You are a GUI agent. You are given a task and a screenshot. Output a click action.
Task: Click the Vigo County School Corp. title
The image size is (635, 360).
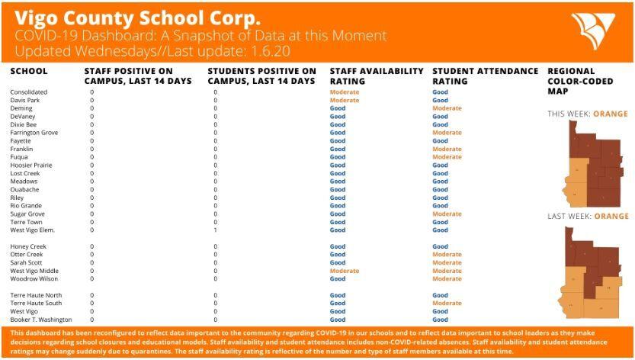click(x=136, y=16)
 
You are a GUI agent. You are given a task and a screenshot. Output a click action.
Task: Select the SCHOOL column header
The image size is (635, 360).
click(x=29, y=71)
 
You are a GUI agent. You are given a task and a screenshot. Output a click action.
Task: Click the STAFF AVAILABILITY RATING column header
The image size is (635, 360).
click(x=376, y=76)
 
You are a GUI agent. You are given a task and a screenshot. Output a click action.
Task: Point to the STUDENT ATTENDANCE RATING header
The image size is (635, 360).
click(x=485, y=76)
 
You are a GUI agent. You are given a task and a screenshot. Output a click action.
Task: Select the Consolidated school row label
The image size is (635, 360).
click(x=28, y=92)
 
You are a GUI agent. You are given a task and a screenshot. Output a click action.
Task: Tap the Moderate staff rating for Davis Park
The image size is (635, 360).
click(x=344, y=101)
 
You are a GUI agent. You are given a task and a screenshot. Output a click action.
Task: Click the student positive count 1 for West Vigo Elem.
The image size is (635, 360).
click(x=216, y=230)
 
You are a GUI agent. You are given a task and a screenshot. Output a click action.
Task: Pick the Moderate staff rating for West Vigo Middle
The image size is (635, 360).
click(x=344, y=271)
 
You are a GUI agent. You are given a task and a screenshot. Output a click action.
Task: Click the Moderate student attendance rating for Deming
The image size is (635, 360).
click(x=447, y=108)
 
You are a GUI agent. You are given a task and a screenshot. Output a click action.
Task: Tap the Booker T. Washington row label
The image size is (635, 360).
click(x=41, y=320)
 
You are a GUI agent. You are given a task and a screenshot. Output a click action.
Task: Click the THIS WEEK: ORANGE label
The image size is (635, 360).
click(x=587, y=114)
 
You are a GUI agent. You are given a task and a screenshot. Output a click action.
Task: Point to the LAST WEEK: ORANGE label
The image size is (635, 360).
click(x=587, y=217)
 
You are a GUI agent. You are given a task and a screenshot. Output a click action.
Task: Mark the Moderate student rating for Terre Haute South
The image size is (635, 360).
click(x=447, y=304)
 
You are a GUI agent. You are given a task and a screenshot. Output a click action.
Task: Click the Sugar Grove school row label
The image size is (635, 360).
click(x=27, y=214)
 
